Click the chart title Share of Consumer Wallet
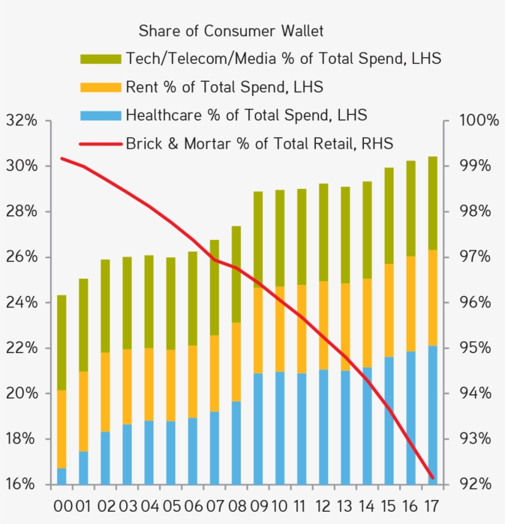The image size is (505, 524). coord(231,31)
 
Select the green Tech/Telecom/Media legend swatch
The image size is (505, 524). coord(100,59)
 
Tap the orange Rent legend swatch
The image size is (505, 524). coord(100,87)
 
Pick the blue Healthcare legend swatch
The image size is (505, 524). coord(100,116)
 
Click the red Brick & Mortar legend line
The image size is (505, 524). coord(100,145)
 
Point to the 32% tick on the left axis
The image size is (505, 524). coord(22,121)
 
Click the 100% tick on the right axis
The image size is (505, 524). coord(479,121)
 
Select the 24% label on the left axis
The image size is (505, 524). coord(22,303)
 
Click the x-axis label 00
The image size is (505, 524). coord(62,507)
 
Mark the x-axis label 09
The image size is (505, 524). coord(259,507)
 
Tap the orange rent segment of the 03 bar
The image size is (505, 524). coord(127,387)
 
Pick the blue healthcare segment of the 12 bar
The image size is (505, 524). coord(323,427)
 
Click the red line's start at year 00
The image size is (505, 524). coord(62,158)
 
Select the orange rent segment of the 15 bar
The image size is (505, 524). coord(389,310)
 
